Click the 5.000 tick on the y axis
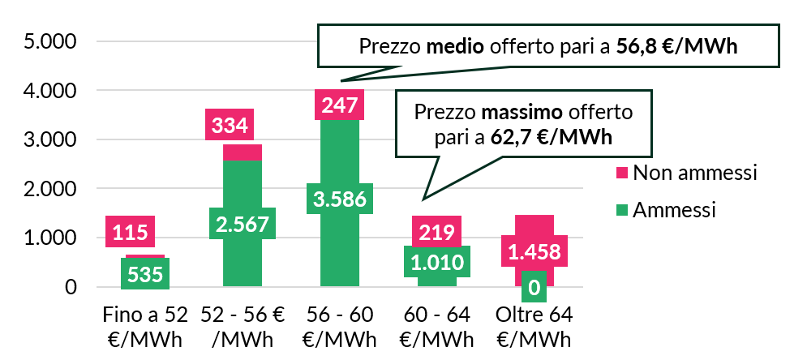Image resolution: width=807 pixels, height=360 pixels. click(x=48, y=41)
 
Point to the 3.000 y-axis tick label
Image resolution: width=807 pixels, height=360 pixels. click(x=48, y=139)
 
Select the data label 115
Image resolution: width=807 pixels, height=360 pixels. click(x=130, y=233)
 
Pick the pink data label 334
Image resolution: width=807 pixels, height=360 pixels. click(x=231, y=126)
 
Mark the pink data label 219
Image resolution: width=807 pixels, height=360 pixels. click(x=437, y=233)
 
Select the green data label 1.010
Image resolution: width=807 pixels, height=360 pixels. click(x=437, y=262)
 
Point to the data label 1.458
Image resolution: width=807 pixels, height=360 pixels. click(x=534, y=251)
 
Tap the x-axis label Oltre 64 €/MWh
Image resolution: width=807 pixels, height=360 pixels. click(x=534, y=326)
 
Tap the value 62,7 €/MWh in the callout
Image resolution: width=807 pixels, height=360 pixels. click(x=552, y=136)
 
